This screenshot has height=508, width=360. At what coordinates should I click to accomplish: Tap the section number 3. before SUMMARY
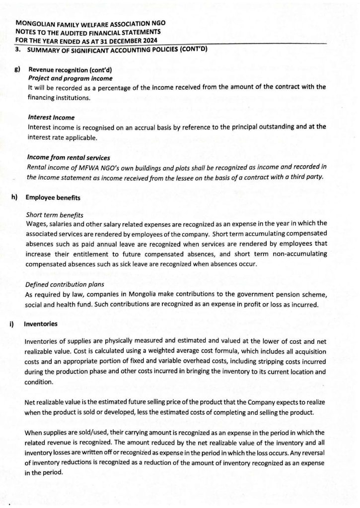(18, 49)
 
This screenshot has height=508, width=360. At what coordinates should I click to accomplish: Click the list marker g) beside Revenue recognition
(17, 70)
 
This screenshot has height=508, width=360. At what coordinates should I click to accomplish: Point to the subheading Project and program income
(70, 78)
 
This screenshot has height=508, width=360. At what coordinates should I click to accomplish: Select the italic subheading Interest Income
(51, 118)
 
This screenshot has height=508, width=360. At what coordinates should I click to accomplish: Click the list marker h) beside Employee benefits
(14, 197)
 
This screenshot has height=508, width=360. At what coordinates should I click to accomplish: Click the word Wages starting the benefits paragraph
(36, 223)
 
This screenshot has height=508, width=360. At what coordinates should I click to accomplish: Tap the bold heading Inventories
(41, 324)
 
